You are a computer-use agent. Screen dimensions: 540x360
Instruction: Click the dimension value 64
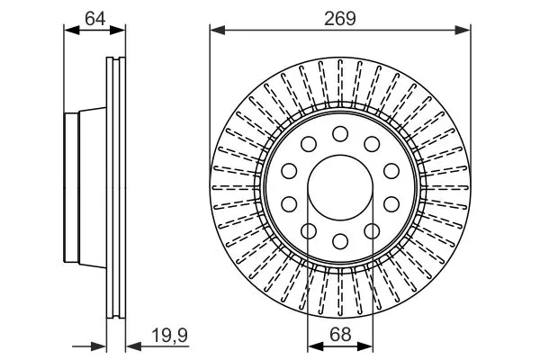click(95, 18)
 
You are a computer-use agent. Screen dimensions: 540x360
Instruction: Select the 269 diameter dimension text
click(339, 18)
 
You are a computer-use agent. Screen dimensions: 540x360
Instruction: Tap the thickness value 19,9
click(170, 335)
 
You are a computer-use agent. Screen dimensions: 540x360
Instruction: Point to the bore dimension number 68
click(340, 334)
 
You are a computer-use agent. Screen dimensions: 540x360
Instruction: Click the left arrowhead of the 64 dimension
click(72, 31)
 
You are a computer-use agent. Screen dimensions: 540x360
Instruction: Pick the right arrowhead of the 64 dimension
click(118, 31)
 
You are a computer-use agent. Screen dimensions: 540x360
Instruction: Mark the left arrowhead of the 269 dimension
click(217, 31)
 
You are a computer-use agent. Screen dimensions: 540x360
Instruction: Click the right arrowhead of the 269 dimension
click(463, 31)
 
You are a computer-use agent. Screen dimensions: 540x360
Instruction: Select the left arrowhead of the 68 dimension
click(315, 346)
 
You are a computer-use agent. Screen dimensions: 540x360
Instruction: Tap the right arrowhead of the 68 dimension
click(365, 346)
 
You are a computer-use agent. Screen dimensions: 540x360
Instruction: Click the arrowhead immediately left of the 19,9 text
click(134, 346)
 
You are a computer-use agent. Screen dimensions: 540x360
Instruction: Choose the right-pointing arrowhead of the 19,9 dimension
click(98, 346)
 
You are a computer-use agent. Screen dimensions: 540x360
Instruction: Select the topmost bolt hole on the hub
click(340, 134)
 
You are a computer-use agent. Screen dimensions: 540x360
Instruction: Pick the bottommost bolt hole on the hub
click(340, 241)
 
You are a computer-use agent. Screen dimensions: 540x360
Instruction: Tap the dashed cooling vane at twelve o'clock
click(340, 84)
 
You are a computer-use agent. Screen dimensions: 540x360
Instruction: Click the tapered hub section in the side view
click(93, 187)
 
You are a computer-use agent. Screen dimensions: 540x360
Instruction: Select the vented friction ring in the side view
click(116, 188)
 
